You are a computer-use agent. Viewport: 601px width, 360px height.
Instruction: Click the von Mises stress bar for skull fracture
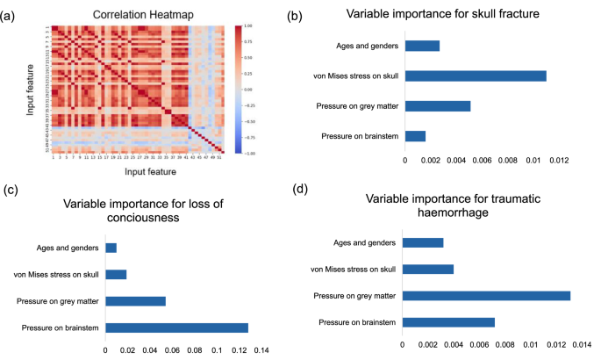[476, 76]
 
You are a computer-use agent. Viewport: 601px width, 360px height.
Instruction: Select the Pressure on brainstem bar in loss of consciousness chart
[176, 328]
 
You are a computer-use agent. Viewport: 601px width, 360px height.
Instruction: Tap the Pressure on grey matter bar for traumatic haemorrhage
[489, 295]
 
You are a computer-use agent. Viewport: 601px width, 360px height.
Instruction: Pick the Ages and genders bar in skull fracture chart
[422, 46]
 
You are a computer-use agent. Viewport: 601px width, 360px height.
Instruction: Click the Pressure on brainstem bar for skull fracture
[415, 136]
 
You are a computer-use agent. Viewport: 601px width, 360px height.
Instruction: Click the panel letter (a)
[12, 14]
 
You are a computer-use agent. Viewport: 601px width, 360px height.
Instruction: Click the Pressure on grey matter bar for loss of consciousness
[135, 301]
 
